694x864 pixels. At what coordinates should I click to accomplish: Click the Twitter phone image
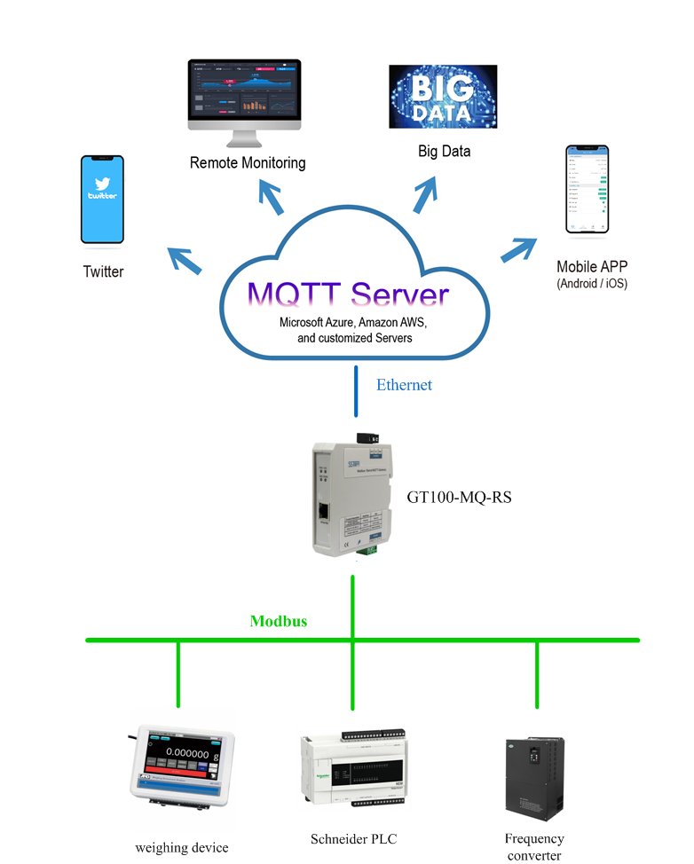(102, 200)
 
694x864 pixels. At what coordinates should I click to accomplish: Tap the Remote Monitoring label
(248, 162)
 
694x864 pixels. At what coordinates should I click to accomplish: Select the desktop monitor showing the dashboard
(244, 98)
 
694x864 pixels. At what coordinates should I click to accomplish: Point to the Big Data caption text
(444, 151)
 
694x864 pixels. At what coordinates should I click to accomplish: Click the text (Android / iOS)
(591, 284)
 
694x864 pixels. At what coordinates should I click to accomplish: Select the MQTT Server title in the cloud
(348, 295)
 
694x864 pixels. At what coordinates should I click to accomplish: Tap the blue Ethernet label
(404, 385)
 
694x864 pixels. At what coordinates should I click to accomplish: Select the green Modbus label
(278, 621)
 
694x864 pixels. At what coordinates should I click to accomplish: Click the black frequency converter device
(535, 777)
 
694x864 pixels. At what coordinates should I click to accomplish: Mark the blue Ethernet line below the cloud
(356, 390)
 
